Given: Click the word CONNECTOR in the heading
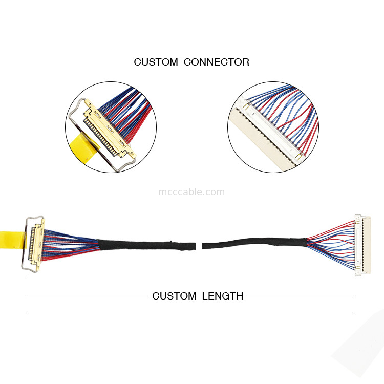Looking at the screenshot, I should tap(216, 62).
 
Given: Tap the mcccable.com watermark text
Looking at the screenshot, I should tap(191, 193).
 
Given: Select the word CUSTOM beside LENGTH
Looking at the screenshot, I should tap(174, 296).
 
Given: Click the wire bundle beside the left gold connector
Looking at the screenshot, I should tap(72, 243).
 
